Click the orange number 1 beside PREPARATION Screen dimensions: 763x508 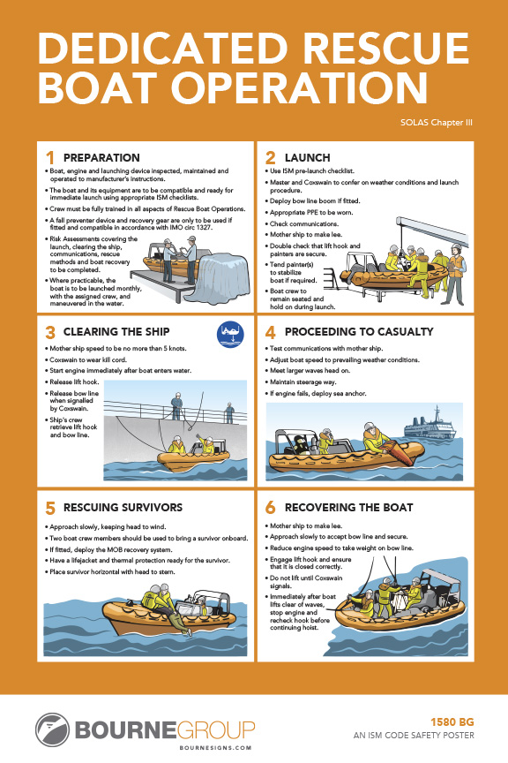pos(49,158)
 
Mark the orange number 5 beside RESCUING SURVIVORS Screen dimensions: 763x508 pos(49,508)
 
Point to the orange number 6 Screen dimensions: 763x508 pos(269,508)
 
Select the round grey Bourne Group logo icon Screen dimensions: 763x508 pos(52,729)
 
